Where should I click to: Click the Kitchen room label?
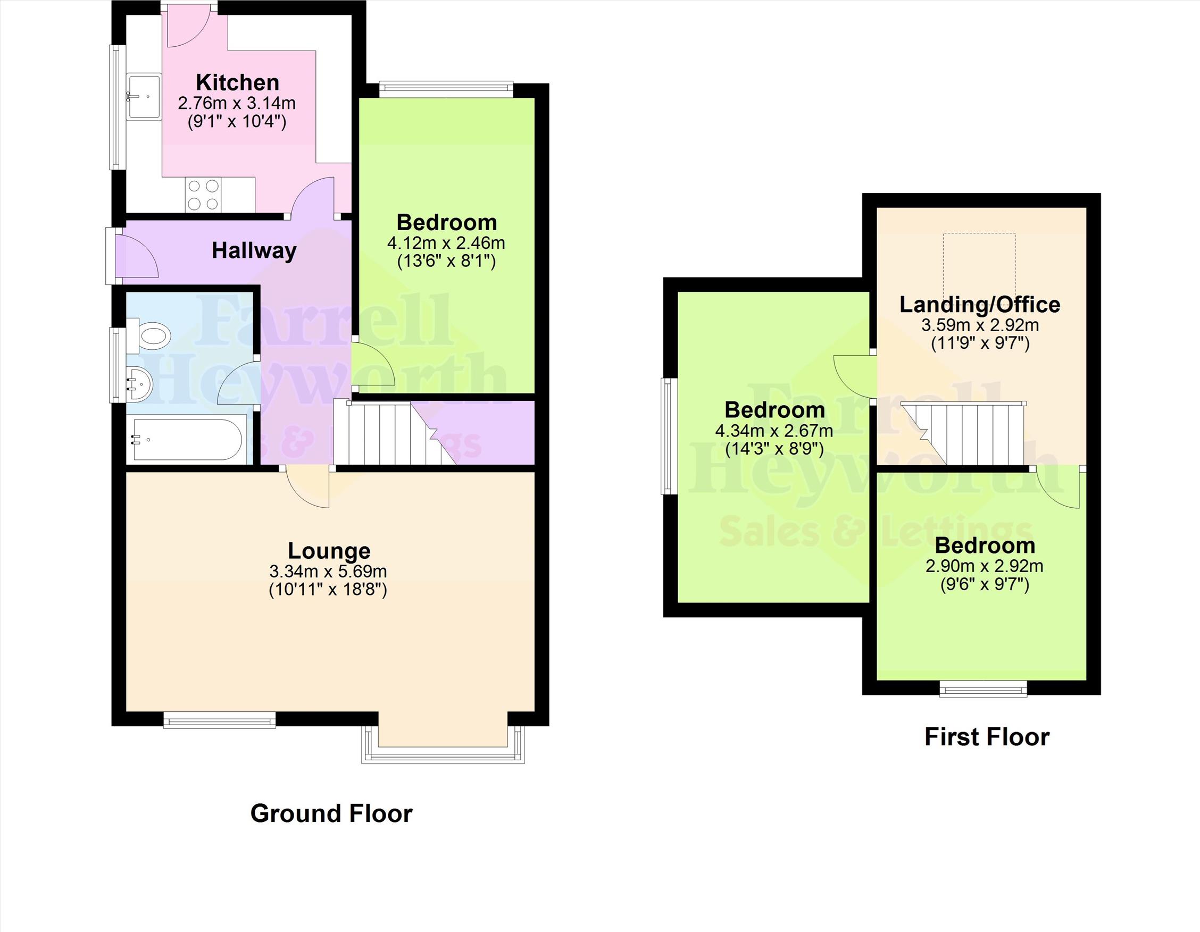(237, 82)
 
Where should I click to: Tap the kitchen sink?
(144, 97)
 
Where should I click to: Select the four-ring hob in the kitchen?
(204, 195)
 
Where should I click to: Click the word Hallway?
(254, 251)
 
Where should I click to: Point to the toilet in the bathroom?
(148, 334)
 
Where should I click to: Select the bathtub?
(184, 439)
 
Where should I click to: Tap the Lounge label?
(329, 550)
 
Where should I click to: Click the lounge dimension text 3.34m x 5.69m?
(328, 571)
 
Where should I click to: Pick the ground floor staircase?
(396, 433)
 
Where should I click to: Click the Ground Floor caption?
(331, 813)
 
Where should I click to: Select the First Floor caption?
(987, 737)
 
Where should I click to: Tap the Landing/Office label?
(980, 304)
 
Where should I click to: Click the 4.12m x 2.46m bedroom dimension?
(446, 243)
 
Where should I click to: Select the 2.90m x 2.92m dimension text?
(984, 566)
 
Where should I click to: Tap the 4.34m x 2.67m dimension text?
(774, 431)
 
